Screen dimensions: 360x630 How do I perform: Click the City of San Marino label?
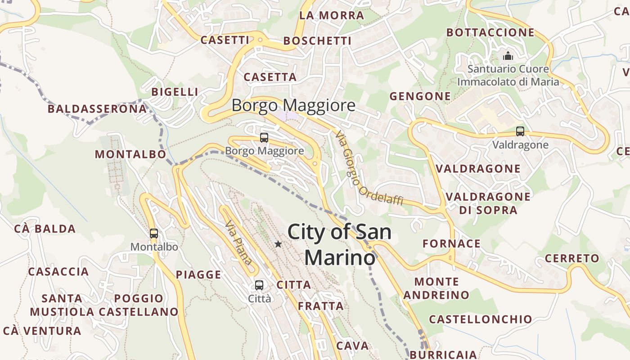click(x=339, y=245)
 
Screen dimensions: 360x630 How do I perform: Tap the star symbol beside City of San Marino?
click(x=278, y=244)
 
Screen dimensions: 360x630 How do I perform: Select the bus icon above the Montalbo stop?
click(x=154, y=234)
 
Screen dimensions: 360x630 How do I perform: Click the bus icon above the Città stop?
click(x=259, y=285)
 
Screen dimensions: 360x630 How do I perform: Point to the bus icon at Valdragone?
click(x=520, y=131)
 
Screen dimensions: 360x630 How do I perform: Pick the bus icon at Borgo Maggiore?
click(x=264, y=138)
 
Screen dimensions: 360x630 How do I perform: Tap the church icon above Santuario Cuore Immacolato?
click(x=508, y=56)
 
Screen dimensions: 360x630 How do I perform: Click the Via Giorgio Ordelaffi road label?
click(x=368, y=168)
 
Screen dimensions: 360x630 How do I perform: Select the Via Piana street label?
click(x=238, y=243)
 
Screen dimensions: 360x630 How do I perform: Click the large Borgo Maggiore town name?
click(x=293, y=106)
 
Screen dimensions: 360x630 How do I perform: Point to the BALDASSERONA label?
click(x=97, y=109)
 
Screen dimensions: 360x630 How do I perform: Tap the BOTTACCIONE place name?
click(x=490, y=32)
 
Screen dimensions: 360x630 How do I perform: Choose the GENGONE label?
click(x=420, y=96)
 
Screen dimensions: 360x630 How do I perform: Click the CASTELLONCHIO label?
click(x=480, y=319)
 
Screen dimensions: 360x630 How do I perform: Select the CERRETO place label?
click(x=572, y=259)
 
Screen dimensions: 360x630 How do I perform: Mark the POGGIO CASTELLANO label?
click(x=139, y=305)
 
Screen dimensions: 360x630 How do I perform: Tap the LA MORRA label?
click(x=331, y=15)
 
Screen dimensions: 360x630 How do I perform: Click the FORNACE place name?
click(x=451, y=244)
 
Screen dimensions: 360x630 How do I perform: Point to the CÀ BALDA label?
click(x=45, y=229)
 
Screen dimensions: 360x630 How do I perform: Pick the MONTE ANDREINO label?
click(x=436, y=288)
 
